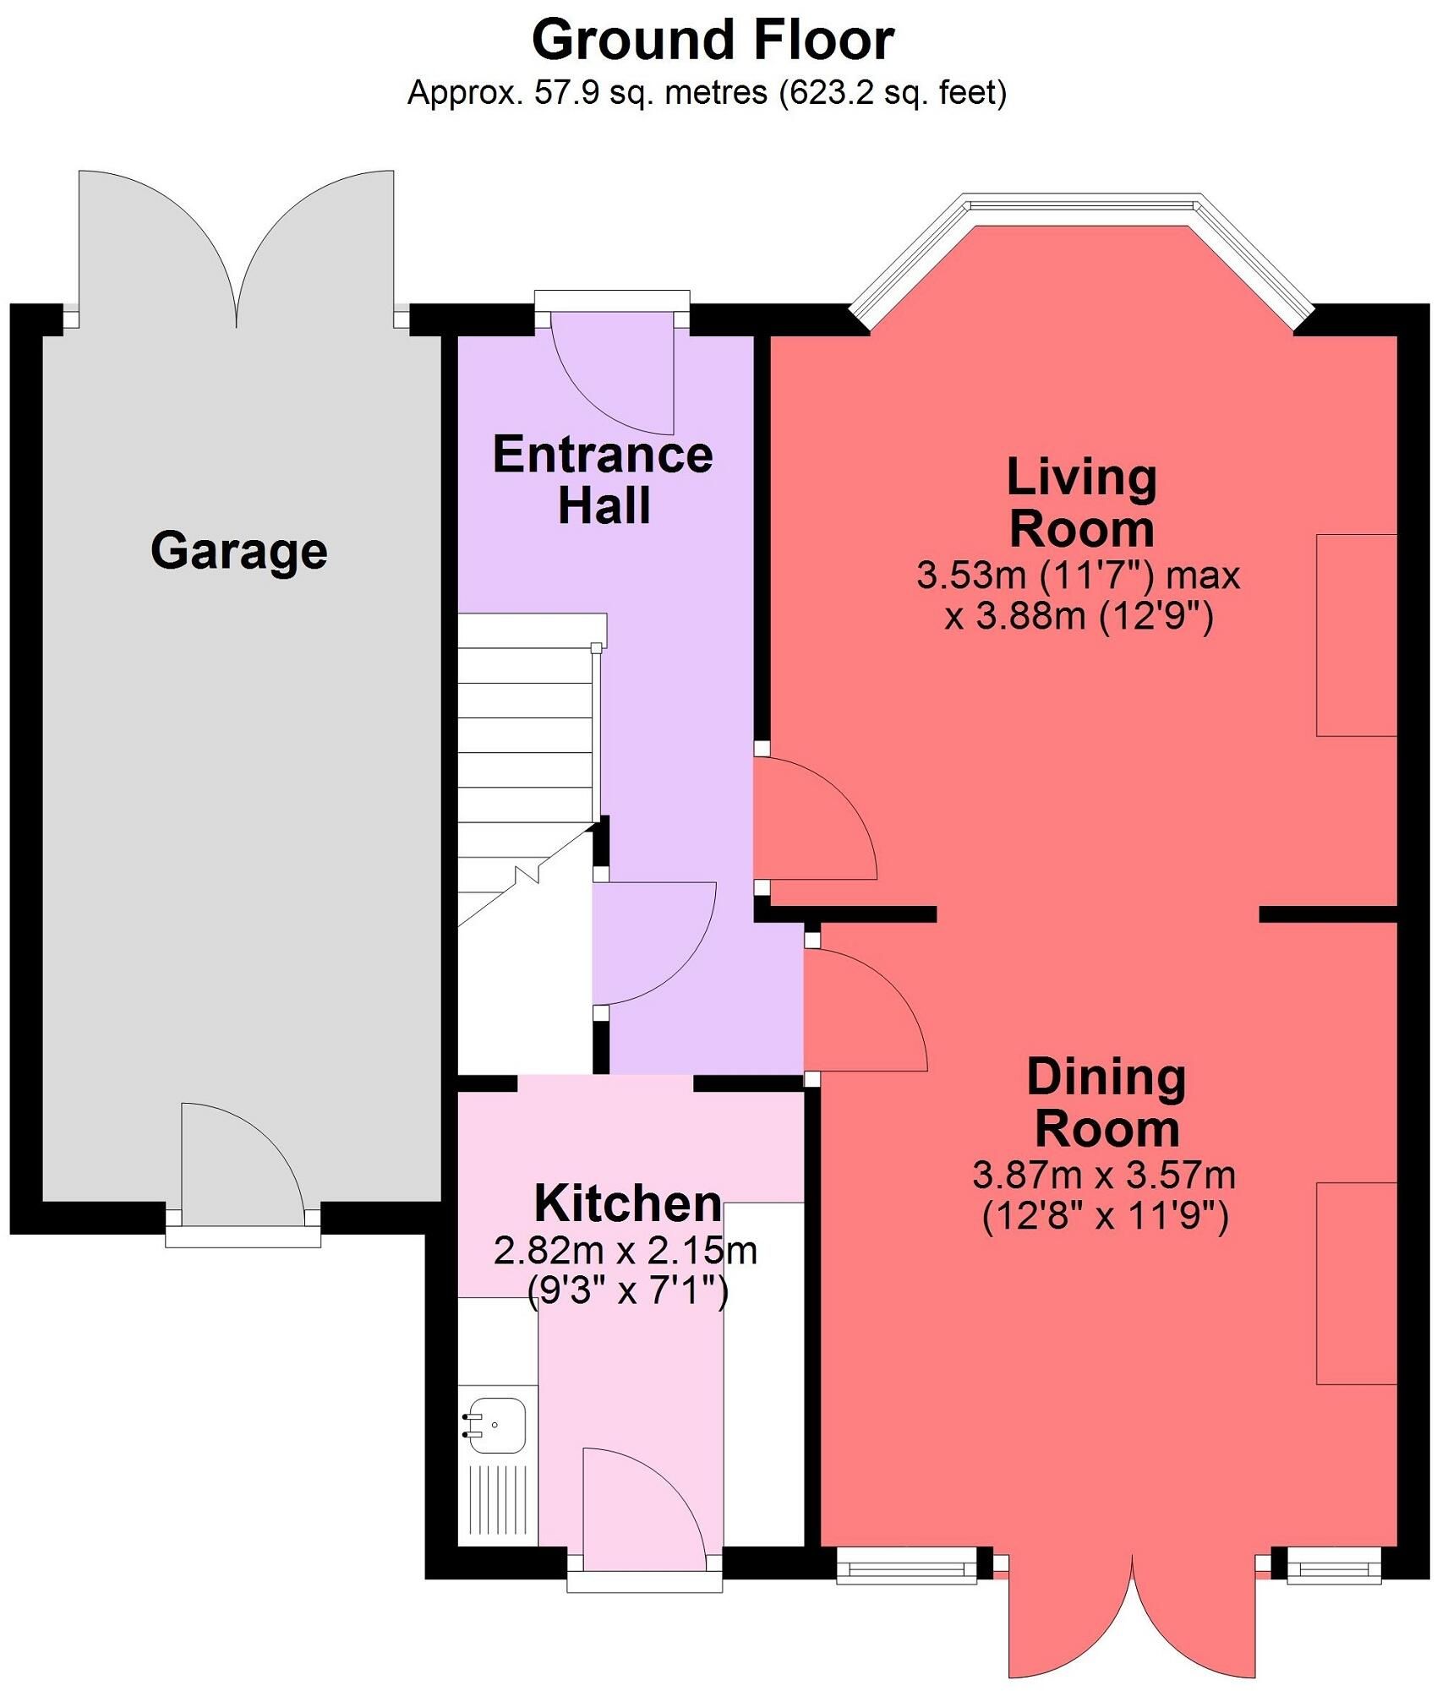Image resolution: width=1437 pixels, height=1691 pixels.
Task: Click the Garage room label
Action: [239, 551]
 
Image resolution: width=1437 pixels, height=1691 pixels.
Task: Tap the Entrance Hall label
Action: [604, 480]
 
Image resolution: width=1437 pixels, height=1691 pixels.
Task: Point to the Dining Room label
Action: [1106, 1103]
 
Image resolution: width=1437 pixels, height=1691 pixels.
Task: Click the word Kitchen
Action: [628, 1203]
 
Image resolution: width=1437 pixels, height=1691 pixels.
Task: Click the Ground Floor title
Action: [713, 40]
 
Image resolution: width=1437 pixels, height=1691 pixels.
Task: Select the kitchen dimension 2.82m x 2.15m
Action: [626, 1251]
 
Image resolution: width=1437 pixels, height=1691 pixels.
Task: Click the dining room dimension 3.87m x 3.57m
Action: [1104, 1175]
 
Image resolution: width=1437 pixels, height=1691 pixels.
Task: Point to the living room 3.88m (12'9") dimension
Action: [1079, 616]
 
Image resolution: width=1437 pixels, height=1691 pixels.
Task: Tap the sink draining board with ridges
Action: [497, 1500]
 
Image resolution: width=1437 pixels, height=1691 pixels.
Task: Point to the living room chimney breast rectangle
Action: [1356, 635]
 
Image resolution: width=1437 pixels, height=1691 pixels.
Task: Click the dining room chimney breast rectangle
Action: [1356, 1283]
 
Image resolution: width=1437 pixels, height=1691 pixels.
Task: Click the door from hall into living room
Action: [815, 818]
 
